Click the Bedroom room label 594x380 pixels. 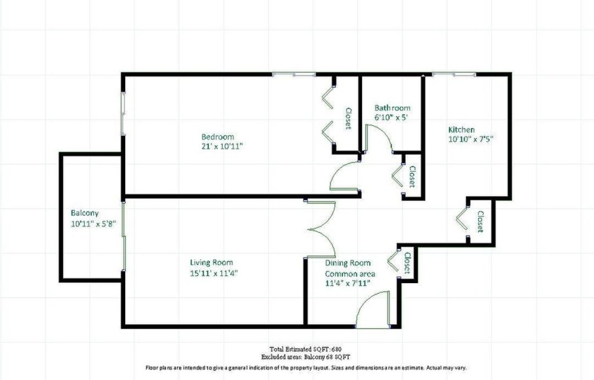(x=217, y=137)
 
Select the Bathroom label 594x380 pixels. (x=392, y=108)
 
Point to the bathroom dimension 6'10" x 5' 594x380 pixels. (x=391, y=117)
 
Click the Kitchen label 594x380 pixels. (x=461, y=129)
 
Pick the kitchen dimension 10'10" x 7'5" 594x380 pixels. (x=470, y=139)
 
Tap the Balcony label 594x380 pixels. (x=84, y=213)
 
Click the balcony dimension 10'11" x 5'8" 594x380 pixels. (x=93, y=224)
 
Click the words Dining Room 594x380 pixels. (x=348, y=263)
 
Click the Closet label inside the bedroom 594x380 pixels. (x=348, y=118)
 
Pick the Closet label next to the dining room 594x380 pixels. (x=407, y=263)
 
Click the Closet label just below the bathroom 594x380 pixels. (x=412, y=175)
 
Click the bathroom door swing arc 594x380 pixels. (x=380, y=142)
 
